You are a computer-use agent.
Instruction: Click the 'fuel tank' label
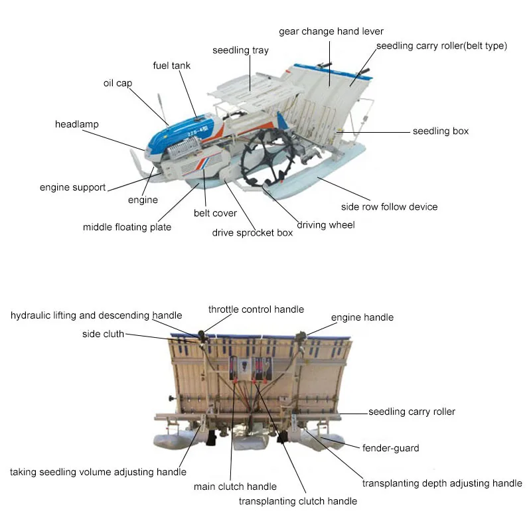[x=171, y=66]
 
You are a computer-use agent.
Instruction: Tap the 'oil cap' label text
[x=119, y=83]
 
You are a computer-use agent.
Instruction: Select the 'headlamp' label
[x=77, y=124]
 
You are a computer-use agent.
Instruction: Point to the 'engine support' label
[x=72, y=187]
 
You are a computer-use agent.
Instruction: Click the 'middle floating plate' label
[x=127, y=227]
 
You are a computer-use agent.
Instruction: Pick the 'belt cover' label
[x=215, y=213]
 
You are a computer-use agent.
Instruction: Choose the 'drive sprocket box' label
[x=252, y=232]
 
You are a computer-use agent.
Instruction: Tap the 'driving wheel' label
[x=325, y=225]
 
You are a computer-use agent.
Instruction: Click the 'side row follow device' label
[x=389, y=206]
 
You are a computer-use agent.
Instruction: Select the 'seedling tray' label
[x=240, y=50]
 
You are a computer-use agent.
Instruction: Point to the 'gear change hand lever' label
[x=331, y=31]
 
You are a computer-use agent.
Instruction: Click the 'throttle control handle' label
[x=256, y=309]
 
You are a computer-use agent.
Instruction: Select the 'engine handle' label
[x=362, y=317]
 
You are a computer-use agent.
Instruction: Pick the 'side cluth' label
[x=103, y=334]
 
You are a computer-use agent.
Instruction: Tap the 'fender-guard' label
[x=390, y=448]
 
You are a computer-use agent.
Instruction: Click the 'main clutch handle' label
[x=235, y=487]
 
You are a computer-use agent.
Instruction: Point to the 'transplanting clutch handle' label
[x=298, y=501]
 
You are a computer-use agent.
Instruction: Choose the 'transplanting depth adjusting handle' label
[x=442, y=483]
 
